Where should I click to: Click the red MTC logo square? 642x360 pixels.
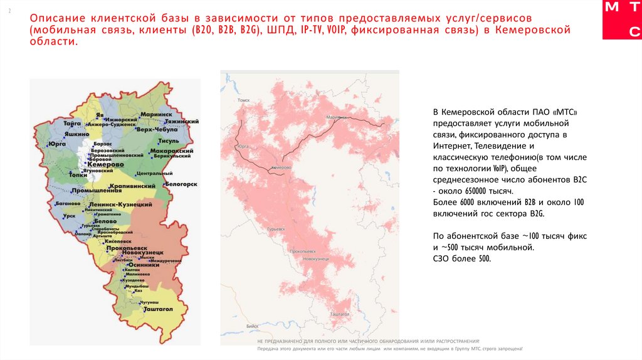tap(622, 19)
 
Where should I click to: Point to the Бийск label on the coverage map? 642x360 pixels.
tap(253, 326)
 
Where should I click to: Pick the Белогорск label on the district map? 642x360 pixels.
tap(182, 184)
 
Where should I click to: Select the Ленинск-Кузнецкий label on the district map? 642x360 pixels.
tap(121, 204)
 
